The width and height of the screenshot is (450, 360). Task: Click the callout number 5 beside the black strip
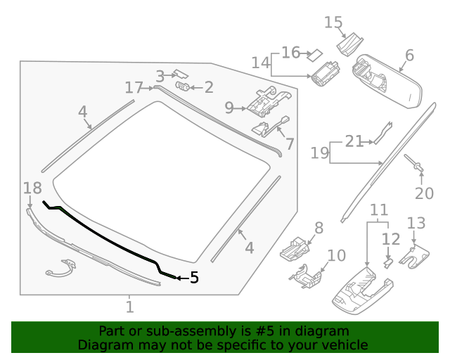[x=194, y=278]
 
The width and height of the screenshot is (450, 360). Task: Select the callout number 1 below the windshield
[x=129, y=307]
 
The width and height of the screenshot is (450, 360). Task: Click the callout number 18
[x=32, y=188]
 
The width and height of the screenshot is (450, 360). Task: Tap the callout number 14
[x=260, y=63]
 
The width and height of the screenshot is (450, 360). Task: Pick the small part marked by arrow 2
[x=182, y=86]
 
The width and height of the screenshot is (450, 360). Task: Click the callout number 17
[x=134, y=87]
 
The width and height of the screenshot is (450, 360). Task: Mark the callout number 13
[x=416, y=224]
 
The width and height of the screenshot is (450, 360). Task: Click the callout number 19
[x=320, y=153]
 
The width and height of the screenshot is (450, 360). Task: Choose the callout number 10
[x=336, y=255]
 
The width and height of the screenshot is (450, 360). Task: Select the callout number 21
[x=354, y=141]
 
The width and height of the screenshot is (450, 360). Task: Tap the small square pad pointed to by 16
[x=316, y=52]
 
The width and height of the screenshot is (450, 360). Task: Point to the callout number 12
[x=390, y=239]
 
